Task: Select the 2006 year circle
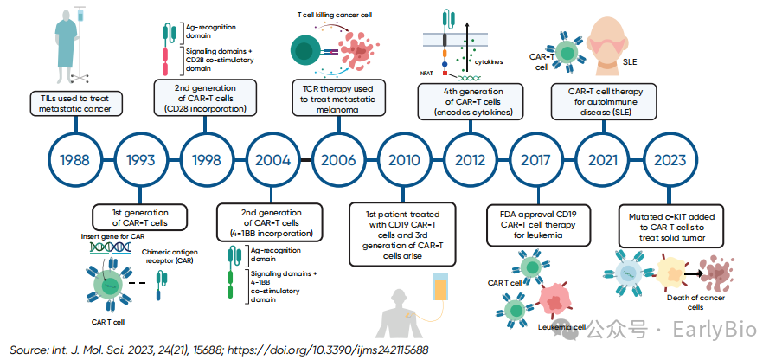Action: pos(337,160)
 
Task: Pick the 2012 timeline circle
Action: pos(469,160)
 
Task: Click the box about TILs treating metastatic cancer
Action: pos(75,103)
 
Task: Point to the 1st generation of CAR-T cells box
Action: pos(140,216)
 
